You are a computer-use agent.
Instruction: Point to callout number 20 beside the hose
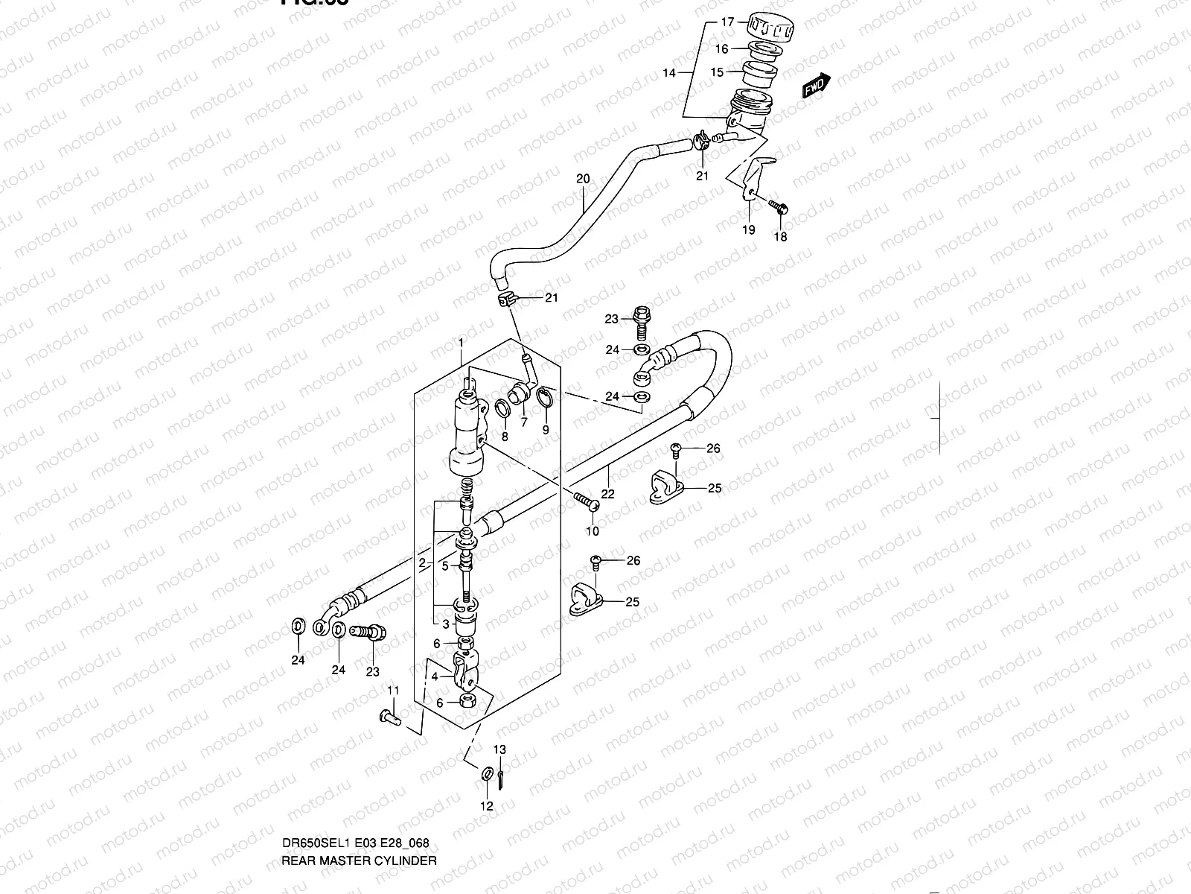(x=583, y=179)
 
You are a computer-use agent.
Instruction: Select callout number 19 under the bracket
(x=749, y=229)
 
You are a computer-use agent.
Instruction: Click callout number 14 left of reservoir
(x=669, y=73)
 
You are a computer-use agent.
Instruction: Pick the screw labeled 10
(x=587, y=503)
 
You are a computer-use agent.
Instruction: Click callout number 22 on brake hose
(x=607, y=493)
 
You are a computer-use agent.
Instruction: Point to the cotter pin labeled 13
(x=501, y=778)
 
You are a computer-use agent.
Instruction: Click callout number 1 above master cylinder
(x=462, y=343)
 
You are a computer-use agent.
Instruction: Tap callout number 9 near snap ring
(x=546, y=430)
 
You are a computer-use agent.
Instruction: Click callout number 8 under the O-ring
(x=505, y=436)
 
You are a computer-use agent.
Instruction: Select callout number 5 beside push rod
(x=445, y=565)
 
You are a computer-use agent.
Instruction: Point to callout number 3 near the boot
(x=445, y=624)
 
